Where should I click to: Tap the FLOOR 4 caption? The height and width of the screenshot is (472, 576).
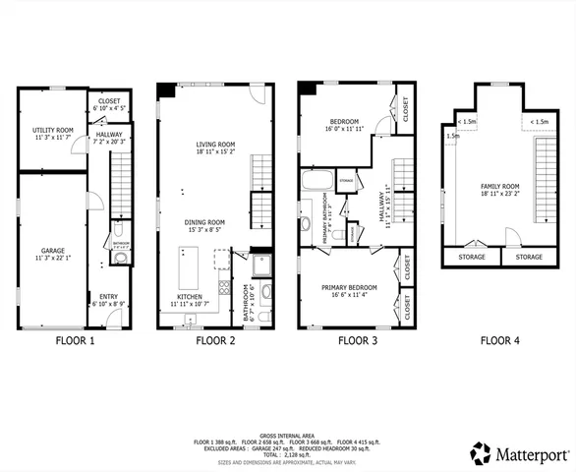coord(501,342)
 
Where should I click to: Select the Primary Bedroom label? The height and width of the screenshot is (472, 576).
coord(349,289)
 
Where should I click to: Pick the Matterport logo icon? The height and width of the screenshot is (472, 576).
coord(480,453)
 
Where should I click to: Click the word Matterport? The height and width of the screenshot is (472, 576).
coord(533,454)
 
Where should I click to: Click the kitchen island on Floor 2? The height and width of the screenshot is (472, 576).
coord(186,265)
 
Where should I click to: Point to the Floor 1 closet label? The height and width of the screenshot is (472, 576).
coord(107,102)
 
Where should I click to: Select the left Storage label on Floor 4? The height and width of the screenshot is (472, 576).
coord(470,257)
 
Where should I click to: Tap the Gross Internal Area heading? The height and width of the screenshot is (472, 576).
coord(288,434)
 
